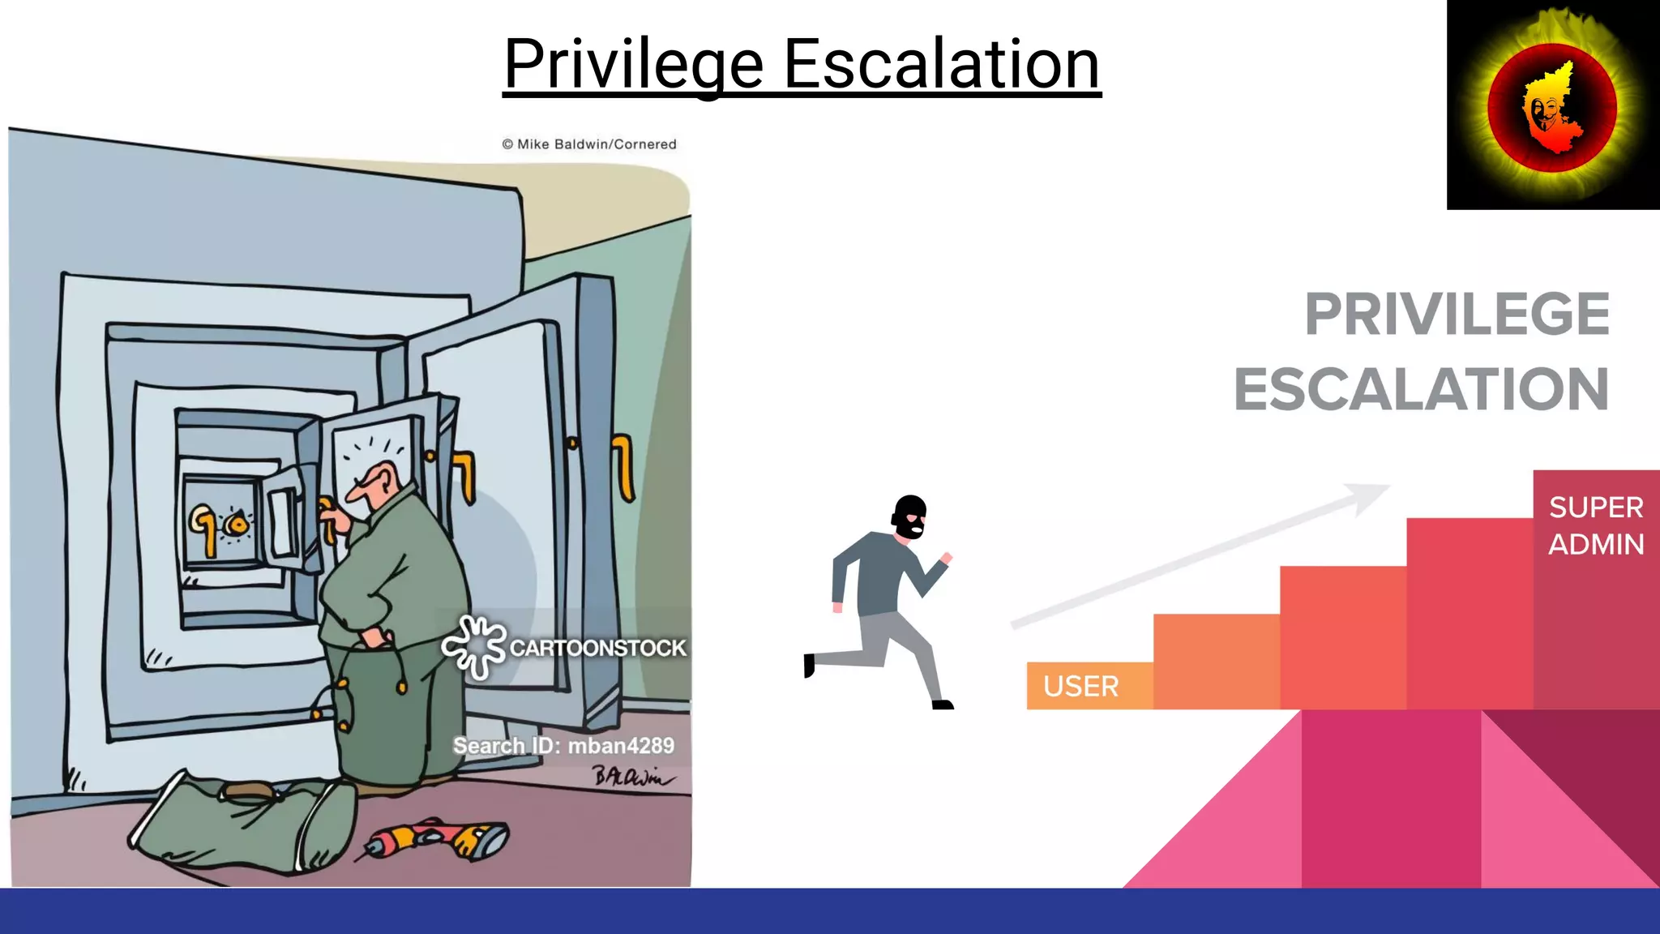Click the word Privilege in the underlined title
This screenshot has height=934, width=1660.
pos(633,65)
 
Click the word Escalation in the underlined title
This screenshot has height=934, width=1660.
pos(941,65)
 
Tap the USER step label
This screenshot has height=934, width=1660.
pos(1080,687)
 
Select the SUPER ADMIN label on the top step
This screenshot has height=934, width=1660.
pos(1595,525)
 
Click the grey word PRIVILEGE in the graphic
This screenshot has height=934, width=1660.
pos(1457,315)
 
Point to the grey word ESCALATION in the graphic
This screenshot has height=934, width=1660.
pos(1421,390)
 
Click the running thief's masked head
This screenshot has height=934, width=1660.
pos(909,516)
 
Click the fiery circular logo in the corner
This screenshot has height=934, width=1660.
pos(1552,105)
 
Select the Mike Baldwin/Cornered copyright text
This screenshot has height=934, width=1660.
pos(589,144)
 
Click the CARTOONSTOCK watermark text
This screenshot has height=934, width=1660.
pos(597,648)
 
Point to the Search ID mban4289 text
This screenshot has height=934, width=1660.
pos(563,746)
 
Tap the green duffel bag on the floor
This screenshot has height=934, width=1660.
pos(243,823)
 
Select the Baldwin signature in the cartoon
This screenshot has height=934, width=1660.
pos(632,777)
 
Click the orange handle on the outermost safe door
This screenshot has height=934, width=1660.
pos(622,466)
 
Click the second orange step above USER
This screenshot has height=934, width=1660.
pos(1216,661)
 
